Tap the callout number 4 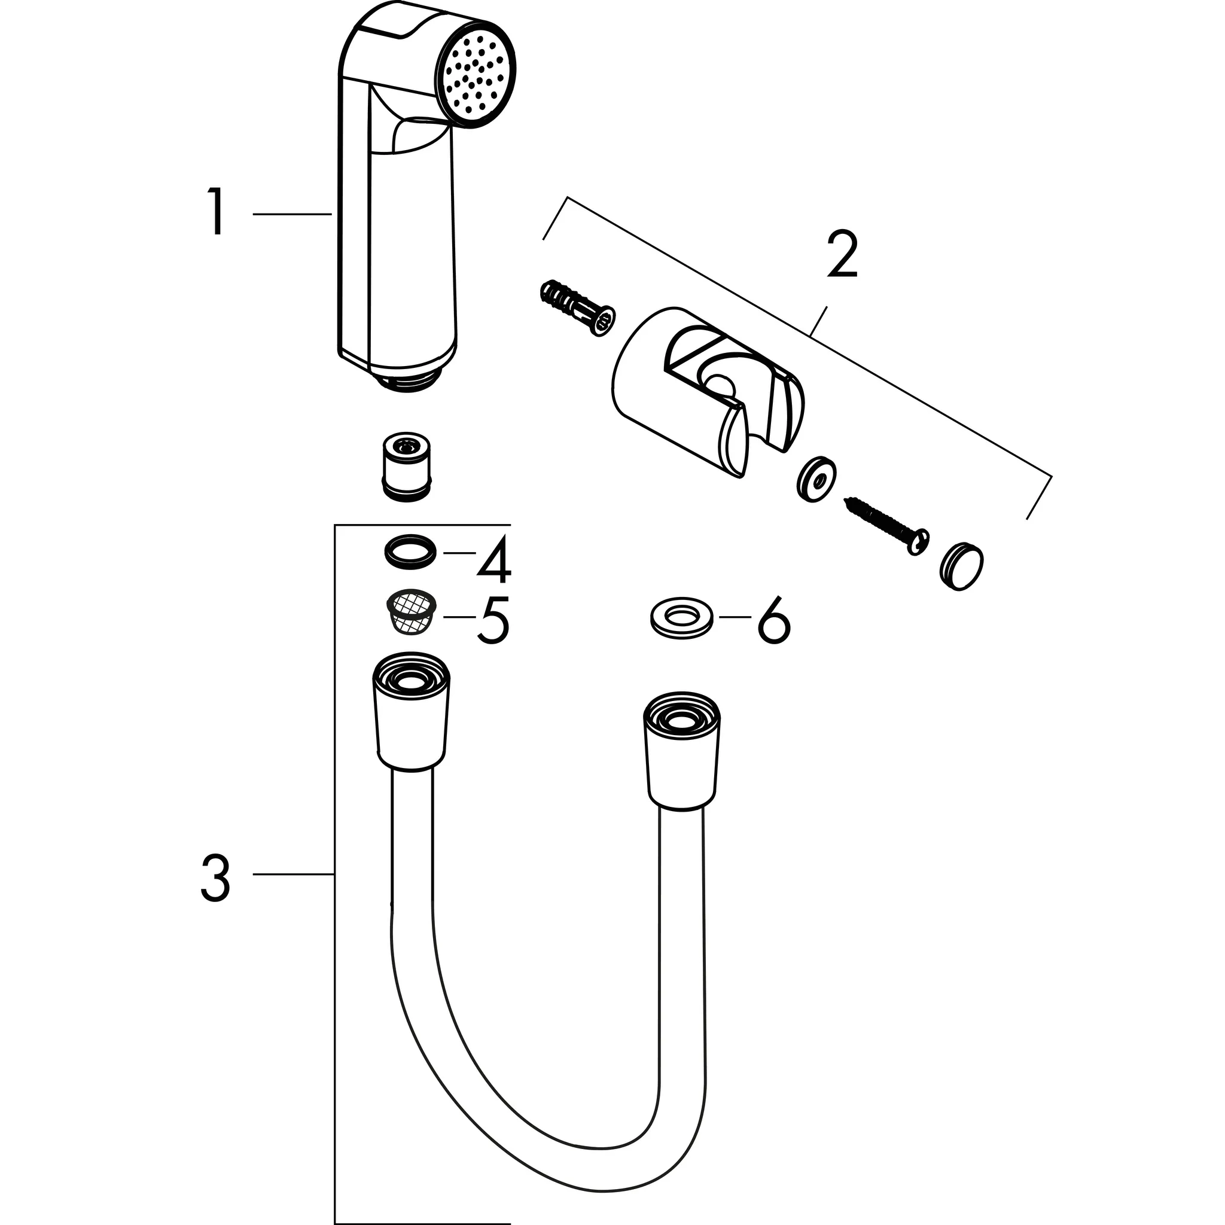point(494,559)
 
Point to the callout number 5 point(494,618)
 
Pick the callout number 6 point(773,618)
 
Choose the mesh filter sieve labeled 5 point(412,612)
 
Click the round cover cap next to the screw point(961,566)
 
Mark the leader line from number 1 point(292,214)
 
